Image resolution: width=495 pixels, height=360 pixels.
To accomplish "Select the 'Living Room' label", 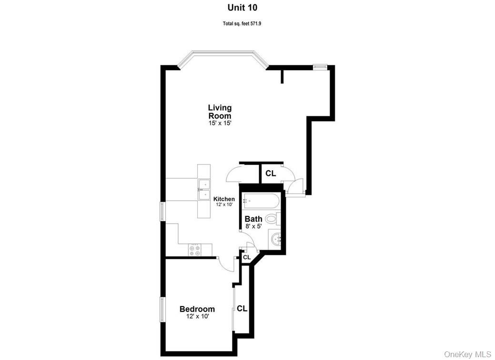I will (220, 112).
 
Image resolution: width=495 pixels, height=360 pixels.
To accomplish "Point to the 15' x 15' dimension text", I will (220, 123).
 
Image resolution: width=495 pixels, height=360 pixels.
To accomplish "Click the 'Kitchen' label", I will (224, 199).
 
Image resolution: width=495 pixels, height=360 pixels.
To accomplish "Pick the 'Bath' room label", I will (253, 219).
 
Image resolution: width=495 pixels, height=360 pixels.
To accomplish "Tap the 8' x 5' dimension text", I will (253, 227).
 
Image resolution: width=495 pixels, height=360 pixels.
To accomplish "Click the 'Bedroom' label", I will (197, 309).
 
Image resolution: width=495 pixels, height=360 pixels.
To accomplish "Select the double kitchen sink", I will (203, 189).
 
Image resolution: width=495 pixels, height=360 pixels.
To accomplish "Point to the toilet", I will (271, 219).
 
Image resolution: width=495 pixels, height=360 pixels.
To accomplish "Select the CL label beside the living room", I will (271, 174).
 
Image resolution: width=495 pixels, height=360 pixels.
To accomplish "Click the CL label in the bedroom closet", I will (242, 309).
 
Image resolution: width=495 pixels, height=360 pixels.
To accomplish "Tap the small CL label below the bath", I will (246, 257).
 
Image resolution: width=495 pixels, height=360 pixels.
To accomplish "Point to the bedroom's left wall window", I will (162, 309).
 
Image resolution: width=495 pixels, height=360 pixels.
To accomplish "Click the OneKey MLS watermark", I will (467, 354).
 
